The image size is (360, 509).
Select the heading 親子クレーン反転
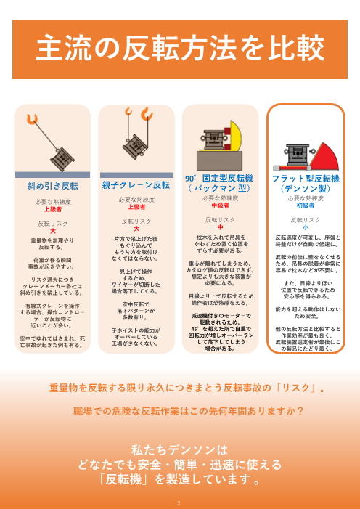[x=136, y=185]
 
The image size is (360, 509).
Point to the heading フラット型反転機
[x=305, y=177]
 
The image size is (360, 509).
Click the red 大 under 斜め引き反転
[x=52, y=231]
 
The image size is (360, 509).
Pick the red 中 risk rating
[x=220, y=227]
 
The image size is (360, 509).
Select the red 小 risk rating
[x=305, y=227]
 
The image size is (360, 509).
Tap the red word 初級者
[x=305, y=205]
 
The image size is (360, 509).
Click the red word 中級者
[x=220, y=205]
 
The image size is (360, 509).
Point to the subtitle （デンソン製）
[x=305, y=187]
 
